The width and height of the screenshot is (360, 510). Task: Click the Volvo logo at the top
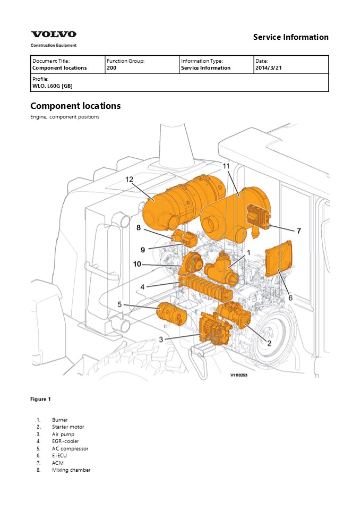53,35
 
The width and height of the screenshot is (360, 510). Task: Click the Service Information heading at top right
290,37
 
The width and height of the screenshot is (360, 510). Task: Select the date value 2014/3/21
270,68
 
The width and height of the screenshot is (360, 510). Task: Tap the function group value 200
112,68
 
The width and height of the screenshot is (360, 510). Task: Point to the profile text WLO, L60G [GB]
53,85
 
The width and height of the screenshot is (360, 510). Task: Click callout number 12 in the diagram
129,179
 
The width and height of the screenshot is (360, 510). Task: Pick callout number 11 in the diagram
226,166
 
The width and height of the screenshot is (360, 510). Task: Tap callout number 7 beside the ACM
299,231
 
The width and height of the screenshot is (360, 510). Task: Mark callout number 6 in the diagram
290,298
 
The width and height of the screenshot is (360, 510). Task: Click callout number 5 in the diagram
120,304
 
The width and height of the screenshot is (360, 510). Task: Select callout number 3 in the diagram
161,339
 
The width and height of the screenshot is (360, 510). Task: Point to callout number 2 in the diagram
269,343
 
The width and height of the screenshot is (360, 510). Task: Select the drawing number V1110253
239,375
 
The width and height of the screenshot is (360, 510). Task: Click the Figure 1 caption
41,399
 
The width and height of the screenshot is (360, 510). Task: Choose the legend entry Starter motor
68,427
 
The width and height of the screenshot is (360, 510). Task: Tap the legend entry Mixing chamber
71,470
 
